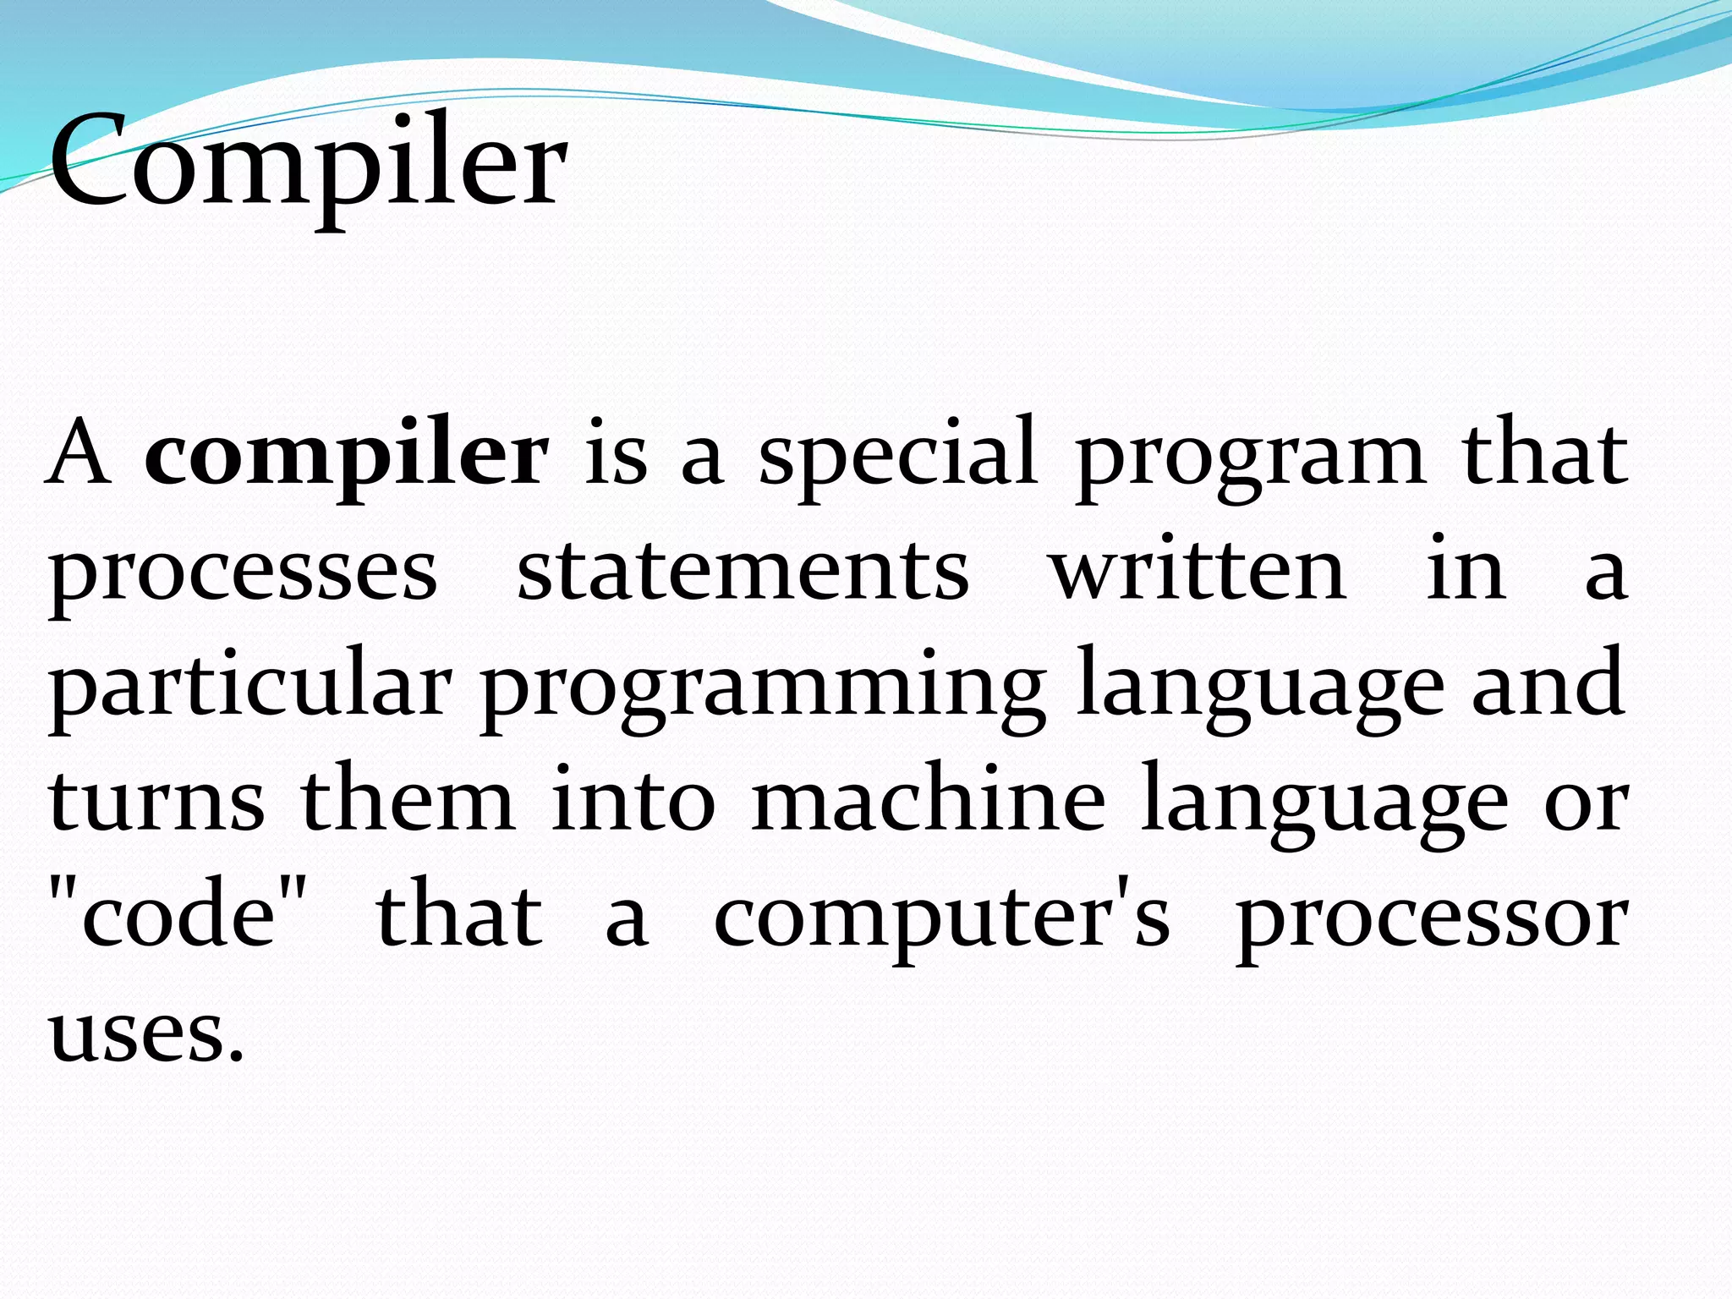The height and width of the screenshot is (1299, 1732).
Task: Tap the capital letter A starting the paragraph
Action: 78,454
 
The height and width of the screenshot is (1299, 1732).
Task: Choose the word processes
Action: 243,573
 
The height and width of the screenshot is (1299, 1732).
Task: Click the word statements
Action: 743,571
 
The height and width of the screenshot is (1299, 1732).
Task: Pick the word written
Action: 1198,571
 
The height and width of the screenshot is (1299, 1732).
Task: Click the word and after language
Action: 1548,685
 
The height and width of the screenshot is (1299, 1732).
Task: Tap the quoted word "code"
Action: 178,917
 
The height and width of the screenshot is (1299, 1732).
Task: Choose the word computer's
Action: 942,919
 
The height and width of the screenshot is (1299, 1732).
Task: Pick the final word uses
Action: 145,1035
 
